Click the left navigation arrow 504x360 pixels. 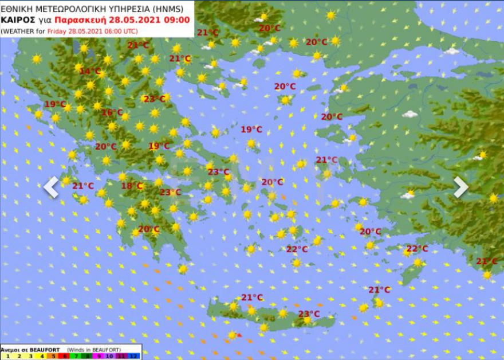51,187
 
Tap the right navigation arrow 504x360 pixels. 460,187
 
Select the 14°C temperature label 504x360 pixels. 90,71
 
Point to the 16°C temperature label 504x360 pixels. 112,112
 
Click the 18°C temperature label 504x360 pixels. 132,186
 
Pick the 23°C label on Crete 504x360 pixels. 309,314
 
